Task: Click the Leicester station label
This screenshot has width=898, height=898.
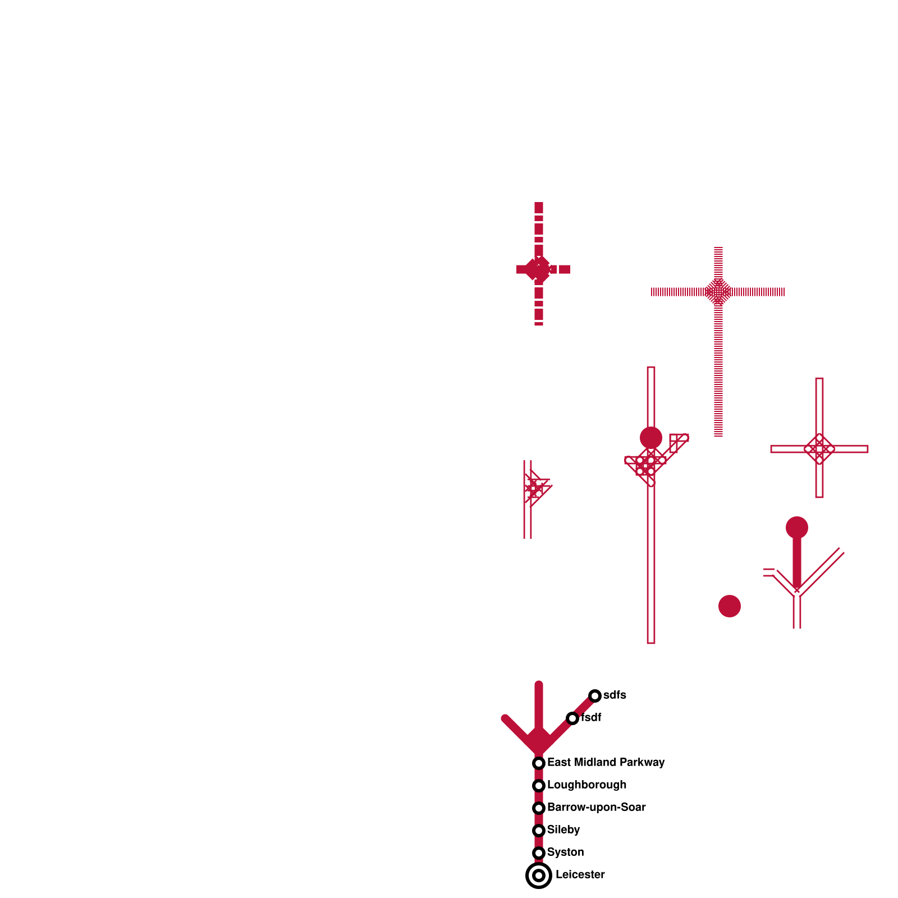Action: [580, 874]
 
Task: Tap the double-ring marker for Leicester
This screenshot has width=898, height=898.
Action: [539, 876]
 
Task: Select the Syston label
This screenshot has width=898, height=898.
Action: [565, 852]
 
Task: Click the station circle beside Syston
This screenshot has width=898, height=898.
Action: [539, 853]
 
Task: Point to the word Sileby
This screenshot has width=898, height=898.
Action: [563, 830]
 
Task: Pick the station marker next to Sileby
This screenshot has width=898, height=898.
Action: [539, 831]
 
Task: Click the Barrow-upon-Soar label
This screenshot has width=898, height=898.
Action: [596, 807]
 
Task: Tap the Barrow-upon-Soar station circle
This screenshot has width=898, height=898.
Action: [539, 808]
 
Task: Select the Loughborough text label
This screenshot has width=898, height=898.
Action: [587, 785]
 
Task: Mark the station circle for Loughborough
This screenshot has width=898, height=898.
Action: [539, 786]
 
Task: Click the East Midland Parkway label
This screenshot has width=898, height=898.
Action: [606, 762]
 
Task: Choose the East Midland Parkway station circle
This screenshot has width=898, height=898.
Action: [539, 763]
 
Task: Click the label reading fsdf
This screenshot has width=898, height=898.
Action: [591, 717]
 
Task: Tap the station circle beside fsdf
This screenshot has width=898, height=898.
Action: [572, 718]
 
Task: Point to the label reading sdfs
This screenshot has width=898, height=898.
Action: [615, 695]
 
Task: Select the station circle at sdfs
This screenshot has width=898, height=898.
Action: [595, 696]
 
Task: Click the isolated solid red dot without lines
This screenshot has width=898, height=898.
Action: [730, 606]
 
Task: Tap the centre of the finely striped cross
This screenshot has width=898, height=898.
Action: [718, 292]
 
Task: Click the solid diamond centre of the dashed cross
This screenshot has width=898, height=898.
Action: [539, 269]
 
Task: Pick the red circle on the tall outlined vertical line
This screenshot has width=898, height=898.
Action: [651, 438]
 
